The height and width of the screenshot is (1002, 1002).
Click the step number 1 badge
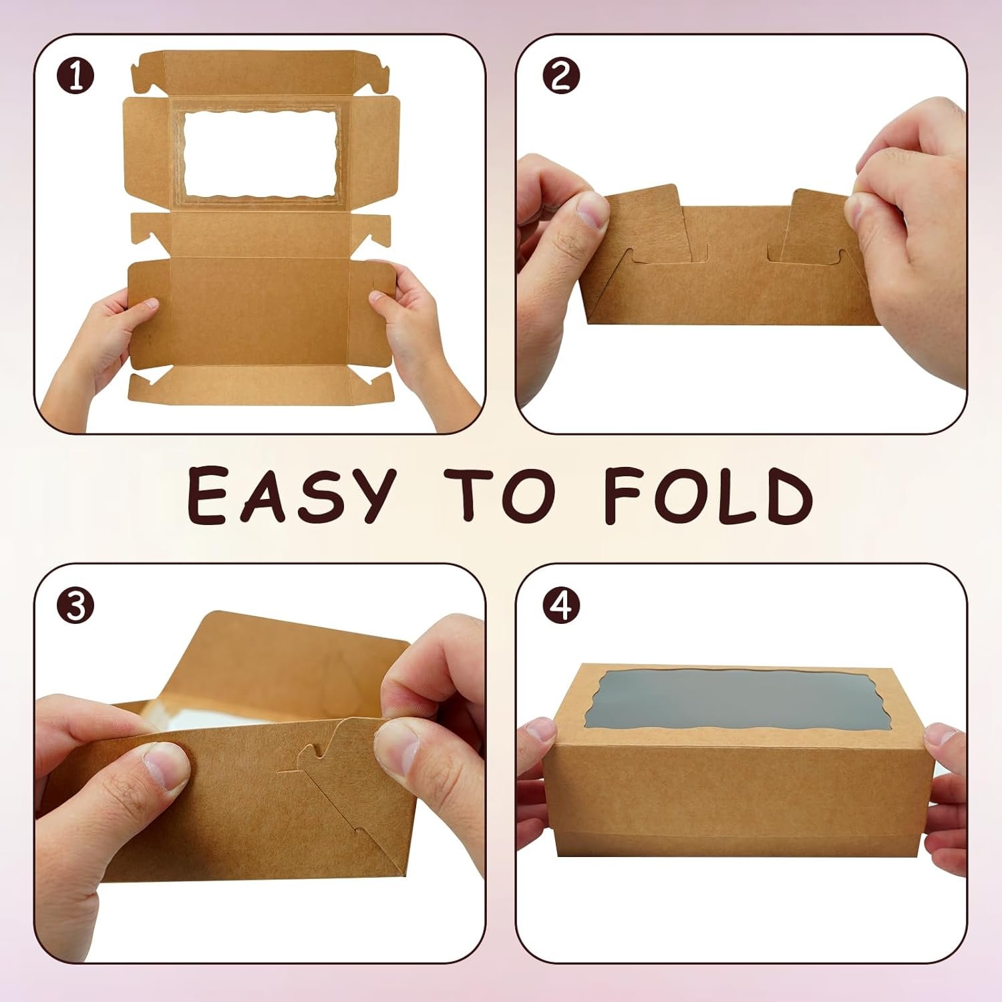(x=75, y=77)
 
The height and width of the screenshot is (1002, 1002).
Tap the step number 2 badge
(x=560, y=77)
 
